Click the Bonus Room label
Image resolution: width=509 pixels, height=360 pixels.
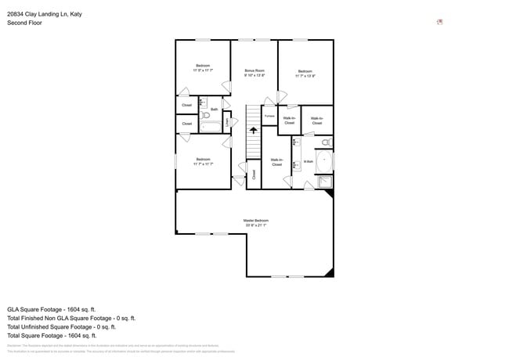pyautogui.click(x=254, y=70)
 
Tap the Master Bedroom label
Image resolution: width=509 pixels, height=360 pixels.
pyautogui.click(x=255, y=221)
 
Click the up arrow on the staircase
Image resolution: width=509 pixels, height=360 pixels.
pyautogui.click(x=253, y=131)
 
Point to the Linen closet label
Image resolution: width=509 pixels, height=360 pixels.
pyautogui.click(x=227, y=121)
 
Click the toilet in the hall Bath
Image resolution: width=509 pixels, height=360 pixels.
pyautogui.click(x=205, y=116)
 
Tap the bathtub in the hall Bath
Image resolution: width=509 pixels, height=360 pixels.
pyautogui.click(x=211, y=126)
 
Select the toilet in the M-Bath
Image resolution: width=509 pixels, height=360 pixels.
pyautogui.click(x=325, y=142)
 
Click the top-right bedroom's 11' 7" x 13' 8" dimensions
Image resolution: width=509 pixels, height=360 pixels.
pyautogui.click(x=305, y=76)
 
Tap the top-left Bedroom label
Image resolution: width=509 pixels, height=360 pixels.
pyautogui.click(x=203, y=65)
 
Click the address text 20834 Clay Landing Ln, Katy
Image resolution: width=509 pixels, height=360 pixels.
pyautogui.click(x=45, y=13)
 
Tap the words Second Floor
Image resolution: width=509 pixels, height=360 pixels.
pyautogui.click(x=24, y=23)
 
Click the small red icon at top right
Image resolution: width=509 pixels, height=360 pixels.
pyautogui.click(x=440, y=22)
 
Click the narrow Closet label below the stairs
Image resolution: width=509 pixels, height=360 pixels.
pyautogui.click(x=253, y=175)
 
